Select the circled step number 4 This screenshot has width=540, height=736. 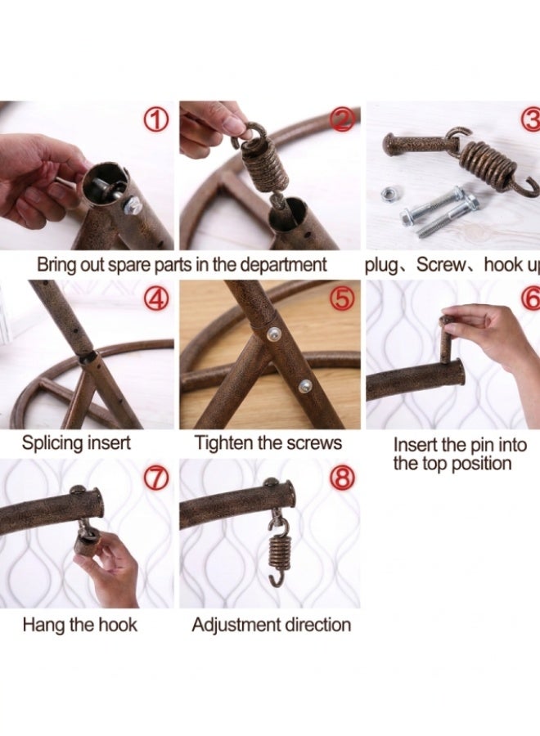[x=157, y=299]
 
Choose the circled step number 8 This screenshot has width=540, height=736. [x=342, y=478]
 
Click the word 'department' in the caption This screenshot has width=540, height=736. [x=283, y=265]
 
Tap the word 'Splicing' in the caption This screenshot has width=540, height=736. [x=52, y=443]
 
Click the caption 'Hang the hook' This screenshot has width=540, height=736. [x=80, y=625]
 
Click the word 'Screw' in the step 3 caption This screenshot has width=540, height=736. [x=440, y=265]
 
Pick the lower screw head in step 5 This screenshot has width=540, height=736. [x=306, y=385]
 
